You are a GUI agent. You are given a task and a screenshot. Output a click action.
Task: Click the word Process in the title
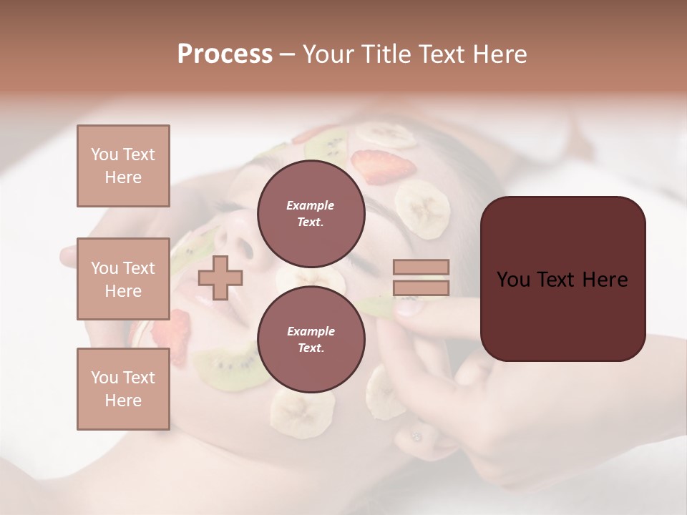point(225,54)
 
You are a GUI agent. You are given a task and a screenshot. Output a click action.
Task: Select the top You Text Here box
point(123,166)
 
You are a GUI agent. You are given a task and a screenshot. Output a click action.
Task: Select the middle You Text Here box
point(123,279)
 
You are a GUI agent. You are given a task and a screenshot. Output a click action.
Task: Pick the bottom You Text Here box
point(123,388)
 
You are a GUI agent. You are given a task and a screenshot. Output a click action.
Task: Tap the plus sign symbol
point(220,278)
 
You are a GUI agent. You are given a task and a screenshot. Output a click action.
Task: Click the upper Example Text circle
point(311,213)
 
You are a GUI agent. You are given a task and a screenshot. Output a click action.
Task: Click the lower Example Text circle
point(311,339)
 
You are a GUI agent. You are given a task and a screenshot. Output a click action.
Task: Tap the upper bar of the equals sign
point(421,268)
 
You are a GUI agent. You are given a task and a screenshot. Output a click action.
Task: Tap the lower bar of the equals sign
point(421,288)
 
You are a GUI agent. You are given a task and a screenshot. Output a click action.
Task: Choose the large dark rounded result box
point(562,279)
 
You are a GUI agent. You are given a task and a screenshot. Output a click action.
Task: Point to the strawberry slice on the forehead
point(385,166)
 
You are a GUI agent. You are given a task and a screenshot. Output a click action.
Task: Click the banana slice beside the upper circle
point(423,208)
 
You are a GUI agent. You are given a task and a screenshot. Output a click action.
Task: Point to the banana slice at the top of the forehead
point(386,134)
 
